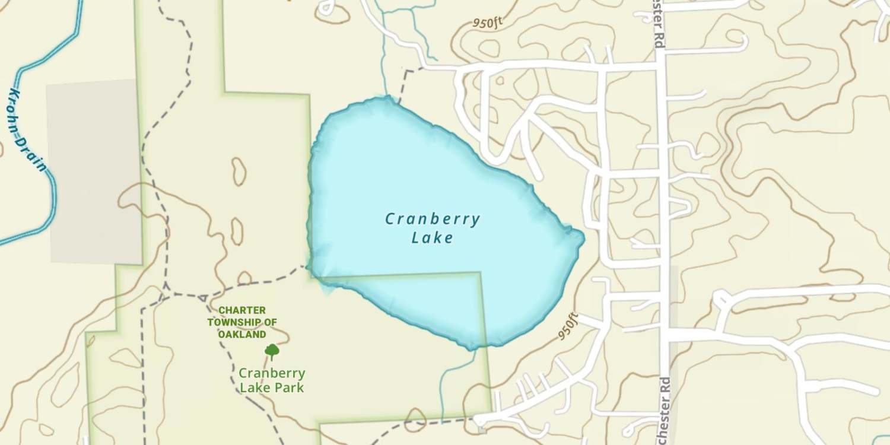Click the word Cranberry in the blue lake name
coord(433,220)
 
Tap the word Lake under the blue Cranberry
coord(433,239)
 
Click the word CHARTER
coord(242,310)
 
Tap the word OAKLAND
coord(242,335)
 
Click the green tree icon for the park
coord(272,351)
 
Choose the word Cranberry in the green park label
coord(272,374)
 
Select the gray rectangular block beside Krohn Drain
coord(95,172)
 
